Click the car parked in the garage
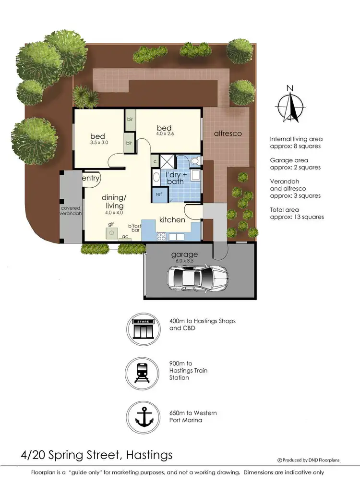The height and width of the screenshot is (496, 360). point(198,278)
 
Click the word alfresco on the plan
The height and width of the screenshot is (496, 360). point(228,133)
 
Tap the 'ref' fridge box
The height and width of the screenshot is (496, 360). point(158,194)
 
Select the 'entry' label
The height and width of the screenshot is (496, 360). point(91,179)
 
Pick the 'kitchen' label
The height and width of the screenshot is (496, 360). point(172,219)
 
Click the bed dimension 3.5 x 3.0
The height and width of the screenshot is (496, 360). point(99,143)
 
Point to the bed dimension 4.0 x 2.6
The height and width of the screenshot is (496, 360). point(165,134)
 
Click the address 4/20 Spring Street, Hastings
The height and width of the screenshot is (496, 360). point(96,454)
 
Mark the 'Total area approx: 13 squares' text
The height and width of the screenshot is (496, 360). point(297,213)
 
